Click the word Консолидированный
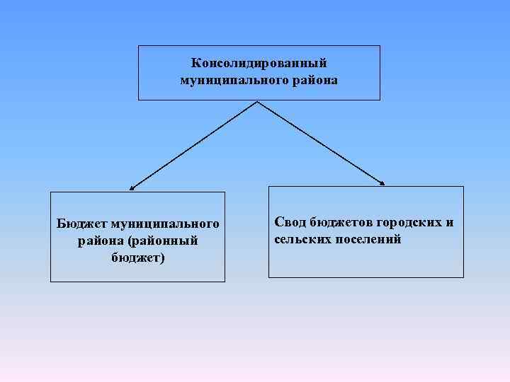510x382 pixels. click(x=259, y=64)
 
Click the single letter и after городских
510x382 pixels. click(x=449, y=223)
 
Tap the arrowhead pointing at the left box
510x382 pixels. click(x=132, y=189)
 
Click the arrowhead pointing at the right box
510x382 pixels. click(x=382, y=183)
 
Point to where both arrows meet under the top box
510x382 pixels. click(x=256, y=102)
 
